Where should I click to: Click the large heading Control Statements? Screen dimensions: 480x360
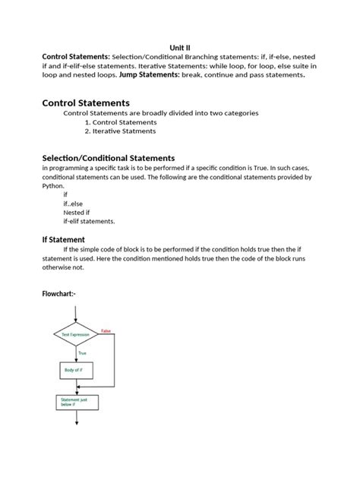[x=86, y=102]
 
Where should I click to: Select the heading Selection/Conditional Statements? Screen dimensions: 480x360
[x=108, y=157]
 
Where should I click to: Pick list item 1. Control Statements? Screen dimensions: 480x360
[x=121, y=122]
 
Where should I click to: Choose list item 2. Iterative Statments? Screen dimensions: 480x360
[x=121, y=131]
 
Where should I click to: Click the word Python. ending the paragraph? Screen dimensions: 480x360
[x=54, y=185]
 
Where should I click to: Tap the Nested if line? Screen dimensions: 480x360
[x=77, y=213]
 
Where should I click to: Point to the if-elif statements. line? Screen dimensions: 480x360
[x=89, y=222]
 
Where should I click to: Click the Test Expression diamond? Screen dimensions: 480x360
[x=77, y=334]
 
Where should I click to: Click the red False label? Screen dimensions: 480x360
[x=106, y=330]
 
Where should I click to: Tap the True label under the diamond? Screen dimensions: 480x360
[x=83, y=352]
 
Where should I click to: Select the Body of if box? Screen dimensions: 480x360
[x=77, y=370]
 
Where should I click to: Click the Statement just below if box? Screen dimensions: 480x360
[x=77, y=401]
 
